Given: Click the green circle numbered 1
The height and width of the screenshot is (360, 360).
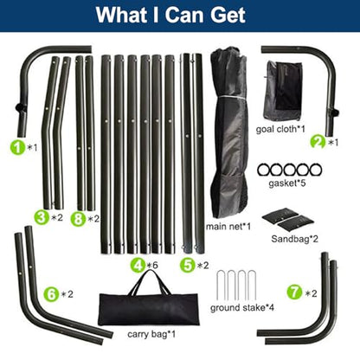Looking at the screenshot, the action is (x=18, y=147).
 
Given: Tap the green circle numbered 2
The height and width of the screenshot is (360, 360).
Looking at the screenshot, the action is (x=318, y=142).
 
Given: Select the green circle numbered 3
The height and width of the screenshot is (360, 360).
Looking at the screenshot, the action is (x=42, y=217).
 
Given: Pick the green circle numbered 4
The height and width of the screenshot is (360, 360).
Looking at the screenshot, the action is (x=138, y=265).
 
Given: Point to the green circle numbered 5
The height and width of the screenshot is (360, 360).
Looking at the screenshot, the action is (x=188, y=265).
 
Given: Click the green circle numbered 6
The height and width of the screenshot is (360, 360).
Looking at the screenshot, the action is (x=52, y=294).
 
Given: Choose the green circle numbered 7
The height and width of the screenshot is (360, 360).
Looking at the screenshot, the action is (x=294, y=292).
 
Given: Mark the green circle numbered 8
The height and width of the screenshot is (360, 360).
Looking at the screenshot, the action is (x=79, y=219).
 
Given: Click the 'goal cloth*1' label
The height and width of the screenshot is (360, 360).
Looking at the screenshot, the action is (x=280, y=129).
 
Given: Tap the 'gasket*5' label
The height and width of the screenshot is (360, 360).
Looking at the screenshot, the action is (x=286, y=183).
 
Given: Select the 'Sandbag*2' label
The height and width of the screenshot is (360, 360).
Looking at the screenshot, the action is (x=294, y=239).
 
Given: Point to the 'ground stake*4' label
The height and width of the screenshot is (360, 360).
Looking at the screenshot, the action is (x=241, y=308).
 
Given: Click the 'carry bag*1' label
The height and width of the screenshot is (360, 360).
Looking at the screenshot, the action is (x=151, y=334).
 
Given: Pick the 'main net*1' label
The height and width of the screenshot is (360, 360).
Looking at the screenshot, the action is (x=228, y=227).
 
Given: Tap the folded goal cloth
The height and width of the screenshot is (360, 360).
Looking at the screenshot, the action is (x=283, y=91).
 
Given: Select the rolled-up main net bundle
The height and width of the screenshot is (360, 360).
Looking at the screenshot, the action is (x=229, y=132).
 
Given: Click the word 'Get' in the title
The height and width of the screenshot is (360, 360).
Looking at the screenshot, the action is (x=228, y=15).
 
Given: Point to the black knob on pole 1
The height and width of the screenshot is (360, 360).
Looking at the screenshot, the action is (x=19, y=107).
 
